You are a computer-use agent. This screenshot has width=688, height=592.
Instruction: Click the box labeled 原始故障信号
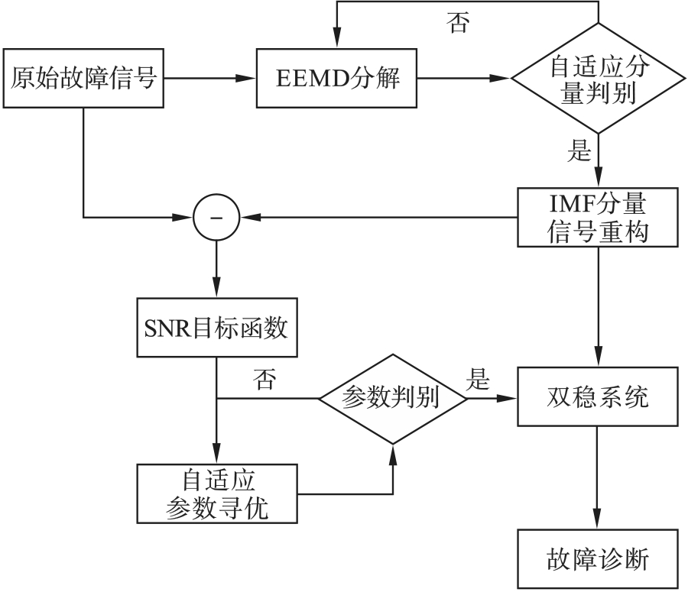(83, 78)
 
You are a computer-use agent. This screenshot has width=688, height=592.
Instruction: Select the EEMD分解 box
(336, 78)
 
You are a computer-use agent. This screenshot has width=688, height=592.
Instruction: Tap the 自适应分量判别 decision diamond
(599, 79)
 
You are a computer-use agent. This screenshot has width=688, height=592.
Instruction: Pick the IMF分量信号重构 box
(599, 217)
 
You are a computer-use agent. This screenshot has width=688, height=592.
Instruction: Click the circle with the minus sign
(216, 217)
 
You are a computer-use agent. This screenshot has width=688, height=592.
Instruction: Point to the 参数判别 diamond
(392, 399)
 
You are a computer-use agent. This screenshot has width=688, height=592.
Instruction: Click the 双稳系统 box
(599, 397)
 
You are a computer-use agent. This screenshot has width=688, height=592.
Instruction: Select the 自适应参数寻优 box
(217, 493)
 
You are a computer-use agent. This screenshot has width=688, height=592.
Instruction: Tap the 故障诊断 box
(599, 559)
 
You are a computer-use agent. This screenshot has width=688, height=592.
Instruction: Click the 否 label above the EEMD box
(458, 22)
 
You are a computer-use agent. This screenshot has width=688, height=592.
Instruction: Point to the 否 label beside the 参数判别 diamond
(264, 380)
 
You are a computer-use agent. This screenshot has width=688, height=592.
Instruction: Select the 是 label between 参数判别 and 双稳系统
(479, 379)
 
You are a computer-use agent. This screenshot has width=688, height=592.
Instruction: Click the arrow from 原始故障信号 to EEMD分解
(210, 78)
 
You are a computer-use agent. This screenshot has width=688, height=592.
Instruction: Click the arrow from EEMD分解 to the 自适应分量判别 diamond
(462, 78)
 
